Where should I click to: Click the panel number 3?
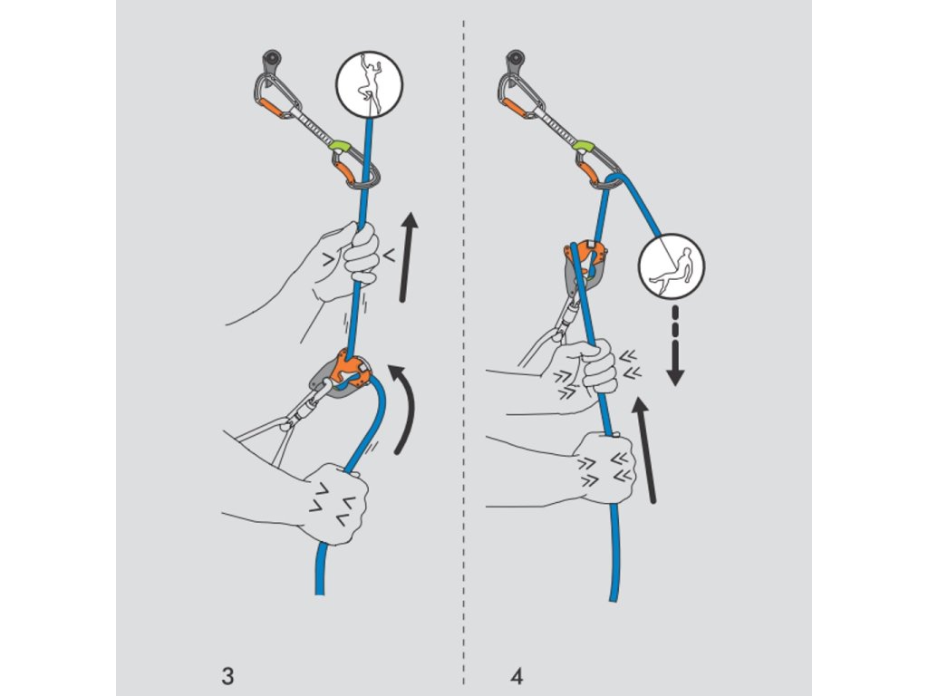(227, 675)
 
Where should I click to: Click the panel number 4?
(517, 675)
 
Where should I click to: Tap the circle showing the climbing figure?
(369, 79)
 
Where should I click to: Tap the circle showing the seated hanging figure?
(671, 267)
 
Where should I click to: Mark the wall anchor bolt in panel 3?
(271, 62)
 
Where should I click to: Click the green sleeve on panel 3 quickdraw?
(339, 146)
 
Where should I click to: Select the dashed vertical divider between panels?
(464, 362)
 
